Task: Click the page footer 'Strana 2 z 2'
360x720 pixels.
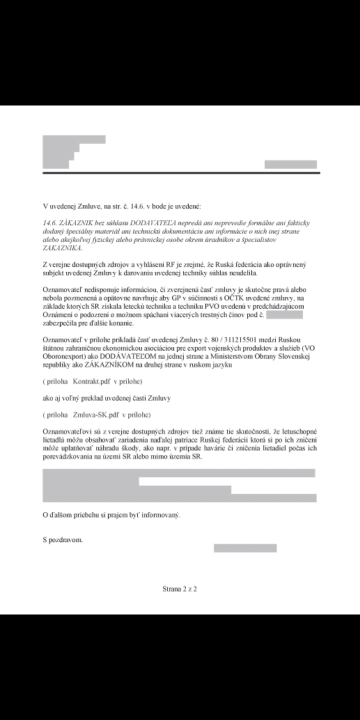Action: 180,589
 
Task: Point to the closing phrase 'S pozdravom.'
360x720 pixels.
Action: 63,540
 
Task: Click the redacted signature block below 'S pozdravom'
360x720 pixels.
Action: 245,548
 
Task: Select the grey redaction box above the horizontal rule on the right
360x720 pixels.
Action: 290,164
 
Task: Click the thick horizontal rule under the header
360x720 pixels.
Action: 181,172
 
